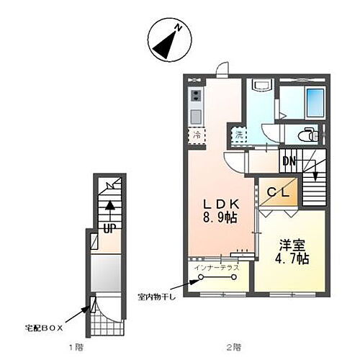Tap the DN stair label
pyautogui.click(x=289, y=162)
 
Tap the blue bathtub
pyautogui.click(x=315, y=101)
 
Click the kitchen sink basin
pyautogui.click(x=196, y=115)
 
